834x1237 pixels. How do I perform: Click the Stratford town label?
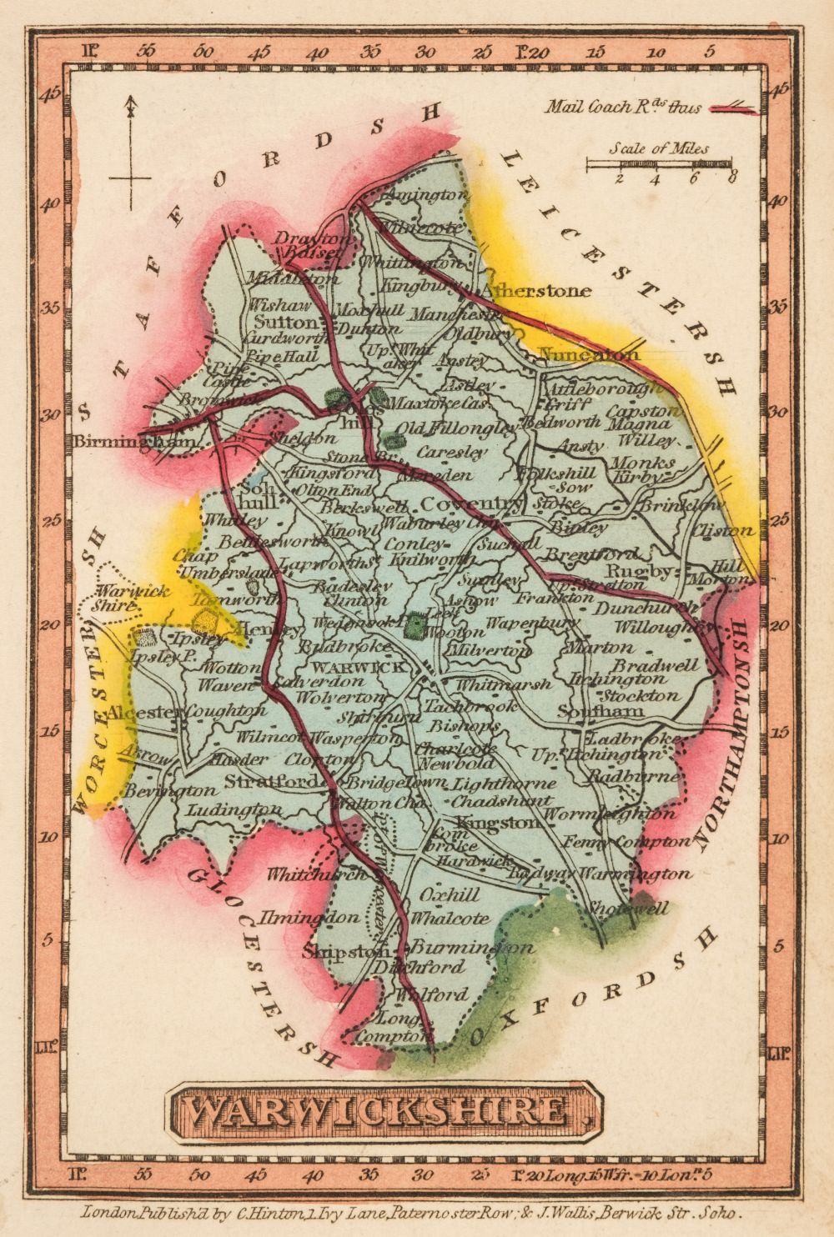[x=272, y=781]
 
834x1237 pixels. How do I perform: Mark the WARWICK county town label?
[x=356, y=667]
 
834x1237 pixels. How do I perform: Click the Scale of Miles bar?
[x=659, y=163]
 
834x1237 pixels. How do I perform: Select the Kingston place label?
[x=495, y=823]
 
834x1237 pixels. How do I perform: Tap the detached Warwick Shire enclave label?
[x=118, y=598]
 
